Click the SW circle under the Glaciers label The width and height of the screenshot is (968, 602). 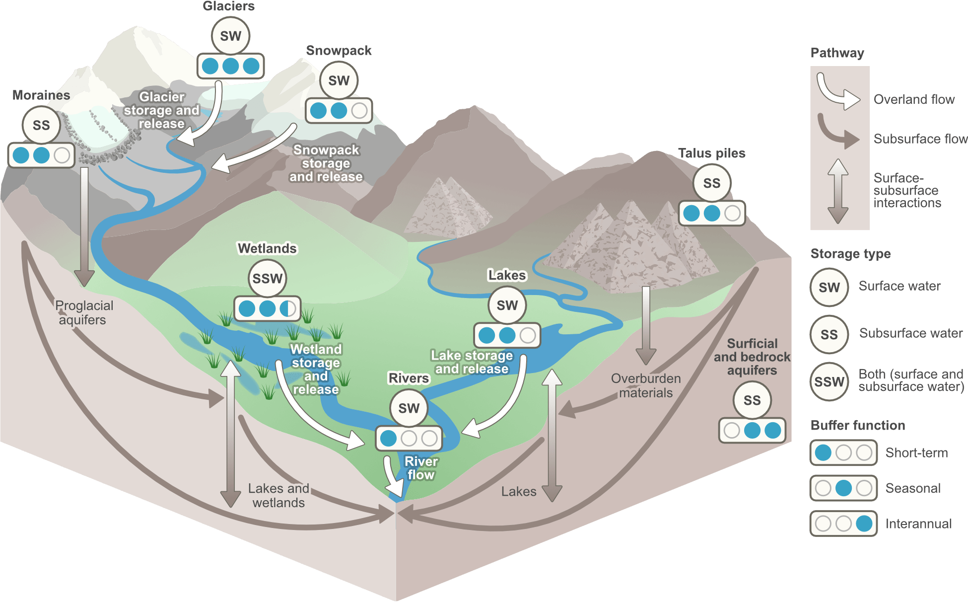pos(230,36)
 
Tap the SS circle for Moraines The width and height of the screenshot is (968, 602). pos(41,125)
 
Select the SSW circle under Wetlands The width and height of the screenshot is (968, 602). pos(268,279)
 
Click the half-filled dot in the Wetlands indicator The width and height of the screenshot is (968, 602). pos(288,308)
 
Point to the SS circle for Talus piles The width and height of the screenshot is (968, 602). pos(711,183)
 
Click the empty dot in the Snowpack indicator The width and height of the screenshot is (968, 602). pos(359,110)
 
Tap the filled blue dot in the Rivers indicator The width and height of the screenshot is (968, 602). pos(388,438)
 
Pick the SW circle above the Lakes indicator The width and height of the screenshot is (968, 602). pos(507,305)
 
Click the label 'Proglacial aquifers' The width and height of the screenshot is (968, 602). pos(83,312)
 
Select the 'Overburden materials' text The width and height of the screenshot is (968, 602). pos(646,385)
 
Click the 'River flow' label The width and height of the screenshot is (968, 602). pos(421,468)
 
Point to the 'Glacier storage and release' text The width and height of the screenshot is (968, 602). pos(161,110)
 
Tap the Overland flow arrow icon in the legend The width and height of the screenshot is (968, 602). pos(837,92)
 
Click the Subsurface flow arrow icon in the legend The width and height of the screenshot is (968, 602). pos(837,132)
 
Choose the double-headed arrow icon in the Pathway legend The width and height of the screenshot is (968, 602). pos(838,191)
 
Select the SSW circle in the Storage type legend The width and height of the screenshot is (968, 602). pos(829,382)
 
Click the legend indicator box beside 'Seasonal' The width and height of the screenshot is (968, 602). pos(843,488)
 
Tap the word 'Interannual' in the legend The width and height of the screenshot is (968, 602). pos(918,524)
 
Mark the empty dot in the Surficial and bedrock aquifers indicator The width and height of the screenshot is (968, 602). pos(732,430)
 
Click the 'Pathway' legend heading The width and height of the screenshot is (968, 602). pos(837,53)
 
